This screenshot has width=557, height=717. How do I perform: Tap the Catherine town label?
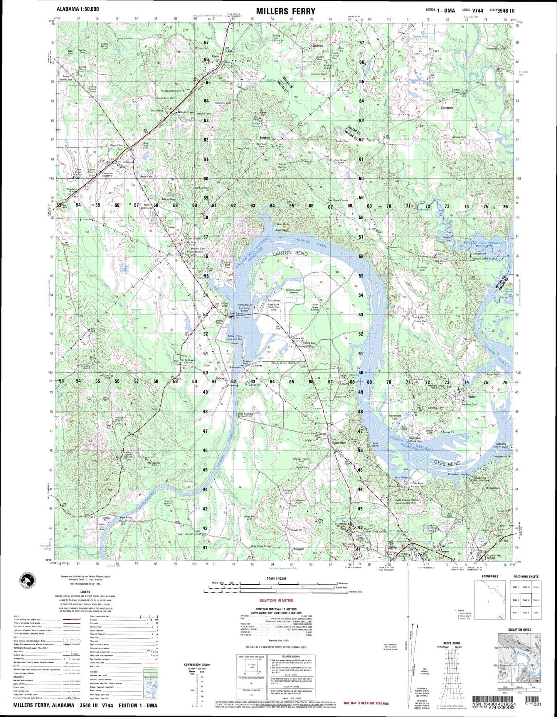coord(128,162)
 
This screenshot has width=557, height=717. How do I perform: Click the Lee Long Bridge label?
coord(244,309)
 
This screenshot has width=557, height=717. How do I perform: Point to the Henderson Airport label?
coord(293,290)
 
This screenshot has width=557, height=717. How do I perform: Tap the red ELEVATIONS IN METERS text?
coord(276,600)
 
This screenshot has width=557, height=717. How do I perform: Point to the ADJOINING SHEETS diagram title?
coord(526,576)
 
